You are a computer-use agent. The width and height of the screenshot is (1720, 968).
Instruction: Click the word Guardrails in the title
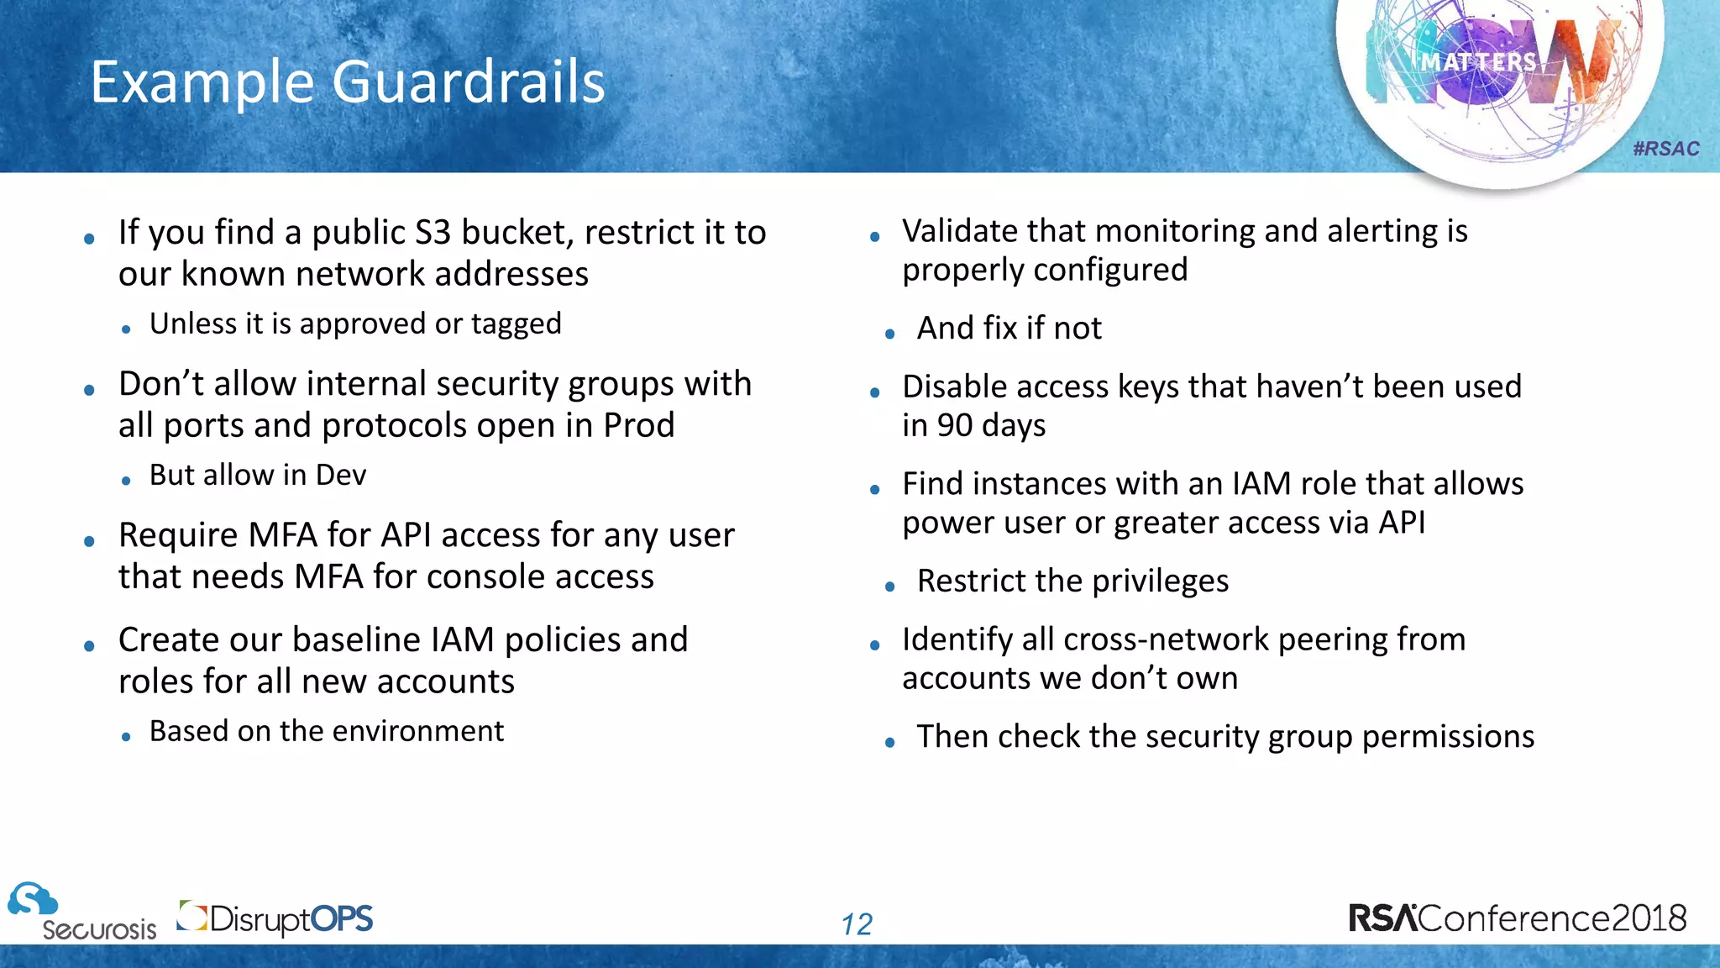click(468, 82)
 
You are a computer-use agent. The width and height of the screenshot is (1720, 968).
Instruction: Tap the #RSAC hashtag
click(1666, 149)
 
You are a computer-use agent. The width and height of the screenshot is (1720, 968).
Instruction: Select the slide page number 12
click(857, 924)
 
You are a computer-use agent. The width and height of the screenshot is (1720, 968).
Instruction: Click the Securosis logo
click(82, 912)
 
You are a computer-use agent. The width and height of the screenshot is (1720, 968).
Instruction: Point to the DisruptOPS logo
click(275, 918)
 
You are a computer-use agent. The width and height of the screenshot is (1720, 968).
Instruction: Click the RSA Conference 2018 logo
click(1518, 918)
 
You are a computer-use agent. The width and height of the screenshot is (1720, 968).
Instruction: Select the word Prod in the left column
click(638, 425)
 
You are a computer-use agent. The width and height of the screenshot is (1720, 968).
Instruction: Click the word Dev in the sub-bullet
click(341, 476)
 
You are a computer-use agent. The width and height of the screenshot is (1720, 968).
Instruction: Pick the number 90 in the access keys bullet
click(955, 426)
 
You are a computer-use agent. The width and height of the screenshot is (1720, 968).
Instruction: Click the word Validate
click(960, 231)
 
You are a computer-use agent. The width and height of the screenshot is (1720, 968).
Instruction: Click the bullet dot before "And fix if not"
click(890, 334)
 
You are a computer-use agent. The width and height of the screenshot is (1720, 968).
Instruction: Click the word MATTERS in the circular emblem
click(1478, 61)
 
